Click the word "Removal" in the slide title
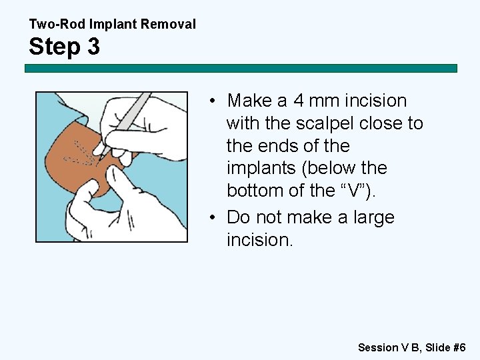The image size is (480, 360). (170, 25)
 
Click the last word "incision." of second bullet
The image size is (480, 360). (259, 240)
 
